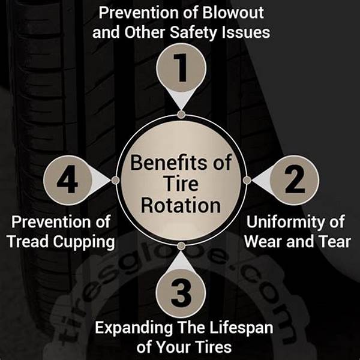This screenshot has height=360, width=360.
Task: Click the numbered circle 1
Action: [181, 68]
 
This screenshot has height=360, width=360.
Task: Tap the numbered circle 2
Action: [295, 180]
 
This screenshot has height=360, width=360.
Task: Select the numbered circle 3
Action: [181, 293]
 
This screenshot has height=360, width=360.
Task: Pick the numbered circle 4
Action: [67, 180]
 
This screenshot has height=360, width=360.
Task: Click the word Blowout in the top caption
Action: [233, 13]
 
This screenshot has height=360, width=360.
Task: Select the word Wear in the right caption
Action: [264, 242]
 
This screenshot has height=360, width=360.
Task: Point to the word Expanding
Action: [134, 328]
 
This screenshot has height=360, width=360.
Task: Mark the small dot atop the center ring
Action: [181, 115]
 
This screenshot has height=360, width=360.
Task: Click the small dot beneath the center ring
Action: [181, 246]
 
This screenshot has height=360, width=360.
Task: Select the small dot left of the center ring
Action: [115, 180]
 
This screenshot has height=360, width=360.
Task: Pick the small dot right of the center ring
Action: [247, 180]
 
